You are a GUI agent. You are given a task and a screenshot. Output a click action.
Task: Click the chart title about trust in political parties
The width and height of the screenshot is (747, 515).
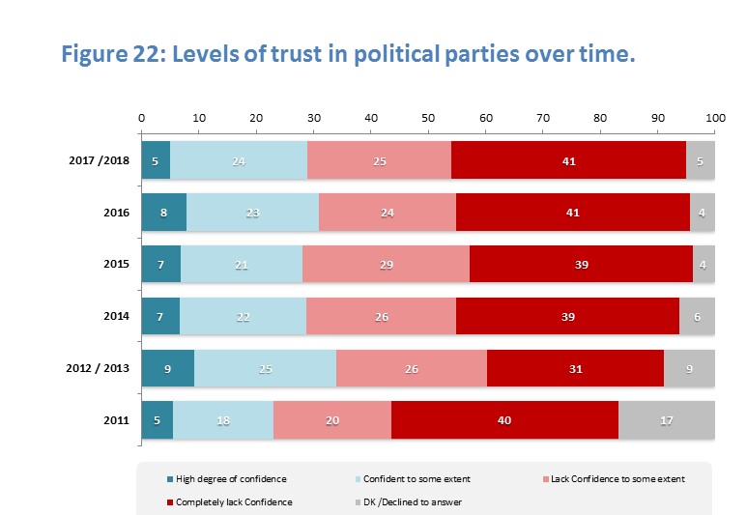(x=348, y=53)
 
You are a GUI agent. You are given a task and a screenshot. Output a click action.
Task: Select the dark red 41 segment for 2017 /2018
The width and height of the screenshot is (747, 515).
(x=568, y=160)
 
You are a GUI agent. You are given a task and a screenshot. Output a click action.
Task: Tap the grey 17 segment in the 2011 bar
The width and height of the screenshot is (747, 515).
(x=667, y=421)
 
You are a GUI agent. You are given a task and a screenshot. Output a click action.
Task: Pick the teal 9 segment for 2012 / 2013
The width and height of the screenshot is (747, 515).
(x=168, y=369)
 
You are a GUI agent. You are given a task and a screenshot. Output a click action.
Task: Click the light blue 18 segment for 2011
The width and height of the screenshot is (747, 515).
(x=223, y=421)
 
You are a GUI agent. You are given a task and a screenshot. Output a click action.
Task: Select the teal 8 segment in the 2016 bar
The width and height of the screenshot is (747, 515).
(x=164, y=213)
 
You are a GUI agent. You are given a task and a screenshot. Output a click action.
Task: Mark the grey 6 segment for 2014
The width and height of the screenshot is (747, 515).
(x=697, y=317)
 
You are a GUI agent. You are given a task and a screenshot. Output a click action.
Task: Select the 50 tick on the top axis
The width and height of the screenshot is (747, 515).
(x=428, y=117)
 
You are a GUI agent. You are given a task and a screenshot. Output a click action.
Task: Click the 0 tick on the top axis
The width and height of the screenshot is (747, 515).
(x=142, y=117)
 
